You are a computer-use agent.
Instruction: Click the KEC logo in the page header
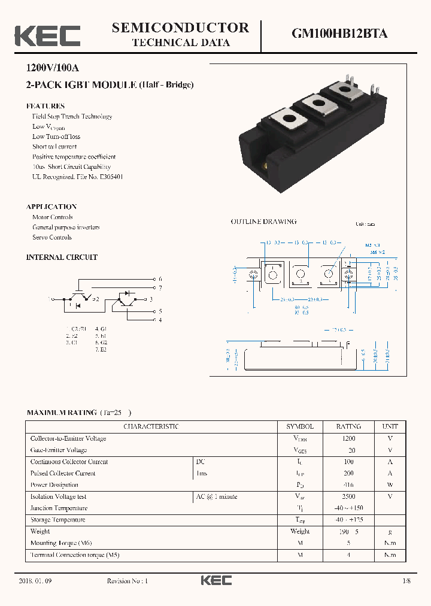coord(47,36)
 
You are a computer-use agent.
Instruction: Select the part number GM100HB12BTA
coord(339,34)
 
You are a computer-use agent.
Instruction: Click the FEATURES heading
coord(45,106)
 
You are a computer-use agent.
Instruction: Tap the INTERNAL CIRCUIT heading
coord(62,257)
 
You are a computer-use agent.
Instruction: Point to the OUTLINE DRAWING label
coord(263,222)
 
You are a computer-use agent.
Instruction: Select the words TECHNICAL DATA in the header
coord(180,43)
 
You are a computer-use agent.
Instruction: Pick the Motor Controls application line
coord(53,217)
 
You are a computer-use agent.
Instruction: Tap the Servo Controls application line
coord(52,237)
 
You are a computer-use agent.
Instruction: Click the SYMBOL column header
coord(300,426)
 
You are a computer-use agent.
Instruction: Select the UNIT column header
coord(390,426)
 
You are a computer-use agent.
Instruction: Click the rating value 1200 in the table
coord(348,438)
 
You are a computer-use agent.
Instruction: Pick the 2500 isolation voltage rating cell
coord(348,496)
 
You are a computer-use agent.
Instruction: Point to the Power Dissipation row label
coord(54,485)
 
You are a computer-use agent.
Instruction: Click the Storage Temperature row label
coord(57,520)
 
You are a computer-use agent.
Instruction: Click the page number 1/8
coord(407,581)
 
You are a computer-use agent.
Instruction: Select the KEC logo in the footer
coord(215,581)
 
